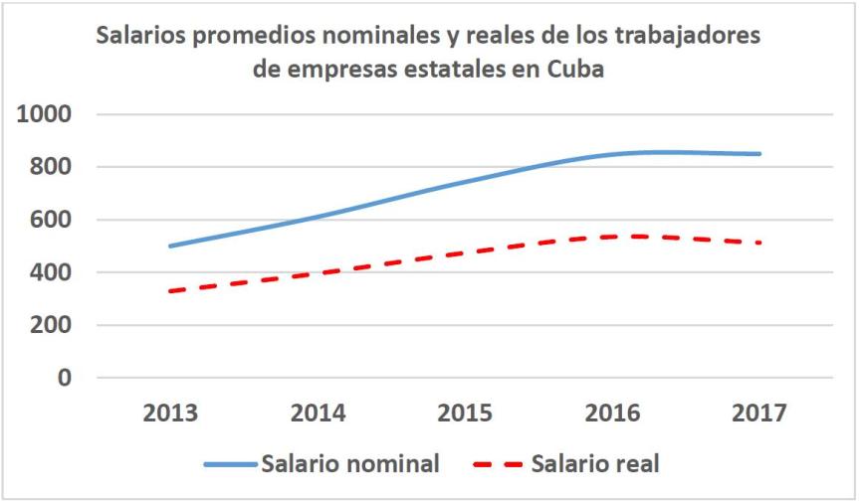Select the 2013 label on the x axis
170,413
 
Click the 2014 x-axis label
318,413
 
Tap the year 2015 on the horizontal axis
465,413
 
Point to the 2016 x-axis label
613,413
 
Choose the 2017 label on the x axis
760,413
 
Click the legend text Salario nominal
350,463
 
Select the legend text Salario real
595,463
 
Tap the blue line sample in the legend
231,464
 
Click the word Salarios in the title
143,37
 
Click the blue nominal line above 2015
465,181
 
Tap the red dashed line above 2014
318,271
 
